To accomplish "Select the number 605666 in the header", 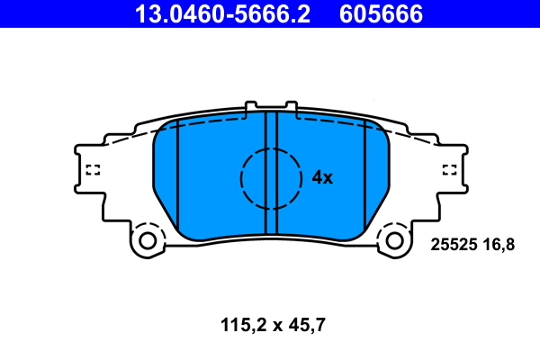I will tap(381, 13).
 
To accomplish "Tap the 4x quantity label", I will tap(322, 178).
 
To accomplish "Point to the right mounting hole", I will tap(393, 240).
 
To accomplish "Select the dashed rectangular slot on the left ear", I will tap(92, 168).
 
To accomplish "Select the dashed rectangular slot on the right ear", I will tap(449, 168).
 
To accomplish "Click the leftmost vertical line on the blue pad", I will tap(177, 180).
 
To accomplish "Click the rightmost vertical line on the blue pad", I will tap(364, 180).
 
